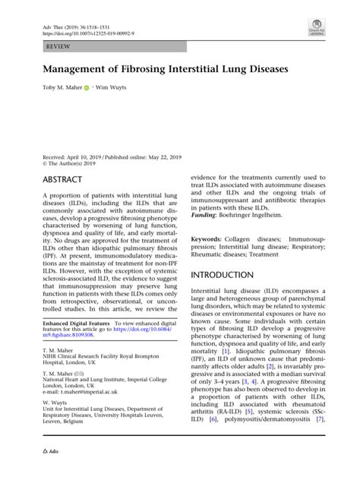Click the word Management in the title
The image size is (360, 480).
pos(74,68)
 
